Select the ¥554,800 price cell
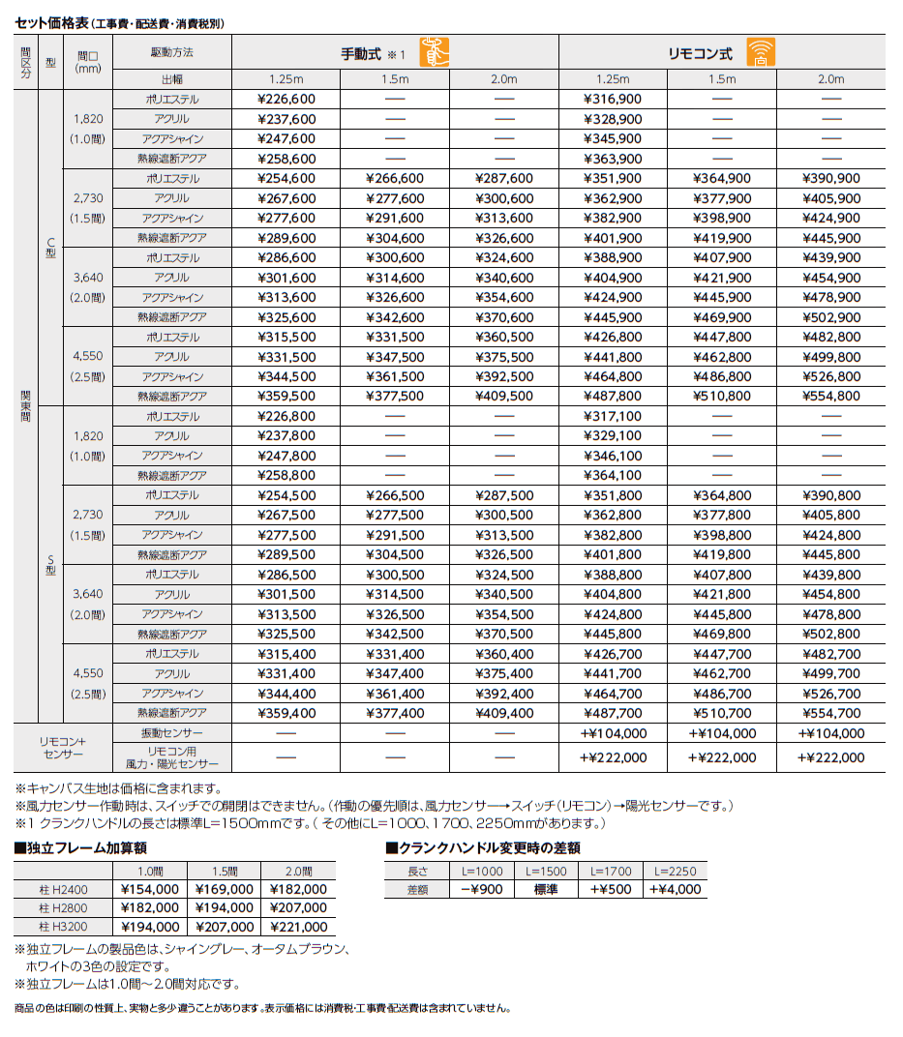(831, 397)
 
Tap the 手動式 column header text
(361, 55)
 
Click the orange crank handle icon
(434, 52)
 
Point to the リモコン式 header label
(701, 55)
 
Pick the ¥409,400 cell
(504, 714)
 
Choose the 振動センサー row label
(171, 734)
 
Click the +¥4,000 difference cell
(676, 890)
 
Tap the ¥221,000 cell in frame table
(299, 928)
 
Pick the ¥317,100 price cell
(613, 417)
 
